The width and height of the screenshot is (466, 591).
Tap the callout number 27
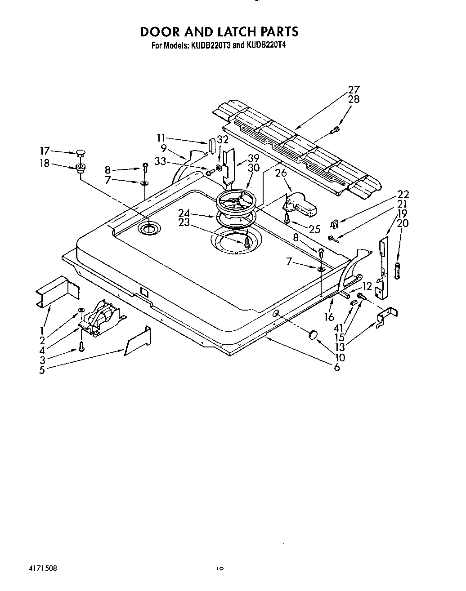tap(354, 89)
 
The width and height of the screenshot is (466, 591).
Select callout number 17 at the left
tap(45, 151)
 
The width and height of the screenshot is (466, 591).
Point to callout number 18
tap(45, 164)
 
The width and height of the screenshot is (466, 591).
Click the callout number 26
tap(281, 173)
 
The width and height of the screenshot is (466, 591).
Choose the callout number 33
tap(160, 162)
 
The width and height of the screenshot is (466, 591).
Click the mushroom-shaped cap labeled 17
tap(81, 153)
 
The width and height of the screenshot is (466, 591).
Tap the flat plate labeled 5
tap(138, 342)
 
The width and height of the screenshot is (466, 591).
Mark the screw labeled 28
tap(334, 130)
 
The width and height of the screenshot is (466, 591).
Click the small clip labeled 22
tap(334, 222)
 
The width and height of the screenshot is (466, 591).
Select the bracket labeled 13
tap(386, 315)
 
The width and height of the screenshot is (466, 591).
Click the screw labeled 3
tap(81, 347)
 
